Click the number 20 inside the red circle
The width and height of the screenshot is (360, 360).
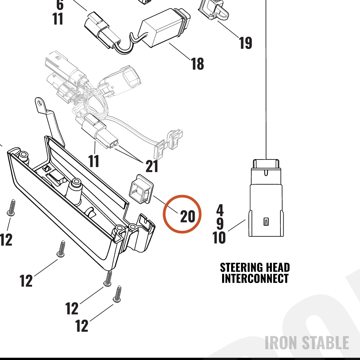pyautogui.click(x=188, y=216)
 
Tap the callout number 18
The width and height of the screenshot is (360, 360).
pyautogui.click(x=197, y=64)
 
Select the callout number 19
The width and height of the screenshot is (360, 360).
pyautogui.click(x=245, y=43)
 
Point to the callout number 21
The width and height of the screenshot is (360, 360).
pyautogui.click(x=152, y=166)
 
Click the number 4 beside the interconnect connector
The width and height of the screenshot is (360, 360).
pyautogui.click(x=220, y=210)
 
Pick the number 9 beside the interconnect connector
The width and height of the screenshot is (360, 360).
pyautogui.click(x=220, y=224)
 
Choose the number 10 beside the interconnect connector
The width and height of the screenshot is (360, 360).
pyautogui.click(x=219, y=237)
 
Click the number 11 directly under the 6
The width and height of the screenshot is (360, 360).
pyautogui.click(x=58, y=19)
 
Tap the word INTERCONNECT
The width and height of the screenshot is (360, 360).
pyautogui.click(x=255, y=278)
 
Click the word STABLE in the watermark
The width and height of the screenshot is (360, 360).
pyautogui.click(x=325, y=343)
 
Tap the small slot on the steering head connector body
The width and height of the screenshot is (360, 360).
pyautogui.click(x=266, y=221)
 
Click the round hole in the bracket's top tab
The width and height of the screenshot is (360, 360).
pyautogui.click(x=40, y=102)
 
